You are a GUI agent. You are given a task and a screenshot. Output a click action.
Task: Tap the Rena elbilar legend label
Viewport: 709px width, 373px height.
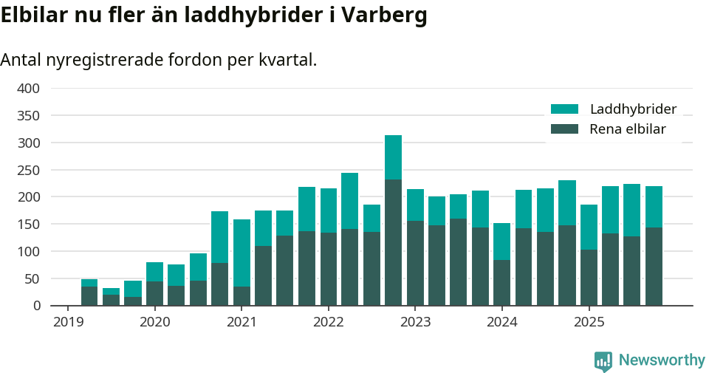point(628,129)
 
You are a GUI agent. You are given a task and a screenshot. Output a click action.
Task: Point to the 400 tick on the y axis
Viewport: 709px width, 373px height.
point(28,89)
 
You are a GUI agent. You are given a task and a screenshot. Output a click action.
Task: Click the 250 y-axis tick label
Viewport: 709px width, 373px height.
point(28,170)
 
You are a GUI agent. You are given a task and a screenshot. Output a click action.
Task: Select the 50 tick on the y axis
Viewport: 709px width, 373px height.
point(33,278)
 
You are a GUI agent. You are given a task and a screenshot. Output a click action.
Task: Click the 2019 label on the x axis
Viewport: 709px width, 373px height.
point(67,322)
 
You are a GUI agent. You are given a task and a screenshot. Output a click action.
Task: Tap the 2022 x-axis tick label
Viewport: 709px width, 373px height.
point(328,322)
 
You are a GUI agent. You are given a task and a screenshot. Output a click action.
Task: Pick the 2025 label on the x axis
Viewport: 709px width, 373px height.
point(589,322)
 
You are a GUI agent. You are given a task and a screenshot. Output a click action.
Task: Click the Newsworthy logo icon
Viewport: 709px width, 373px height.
point(603,361)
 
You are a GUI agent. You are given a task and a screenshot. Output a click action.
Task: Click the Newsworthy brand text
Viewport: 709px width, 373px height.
point(662,360)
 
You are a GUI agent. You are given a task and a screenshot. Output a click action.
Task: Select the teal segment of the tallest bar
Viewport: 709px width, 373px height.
point(393,157)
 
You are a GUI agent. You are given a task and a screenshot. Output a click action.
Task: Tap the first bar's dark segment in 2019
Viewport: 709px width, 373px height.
point(89,296)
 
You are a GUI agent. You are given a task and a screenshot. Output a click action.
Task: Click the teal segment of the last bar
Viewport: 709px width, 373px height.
point(654,207)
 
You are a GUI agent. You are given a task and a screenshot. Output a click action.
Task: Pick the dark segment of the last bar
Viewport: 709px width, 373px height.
point(654,267)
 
